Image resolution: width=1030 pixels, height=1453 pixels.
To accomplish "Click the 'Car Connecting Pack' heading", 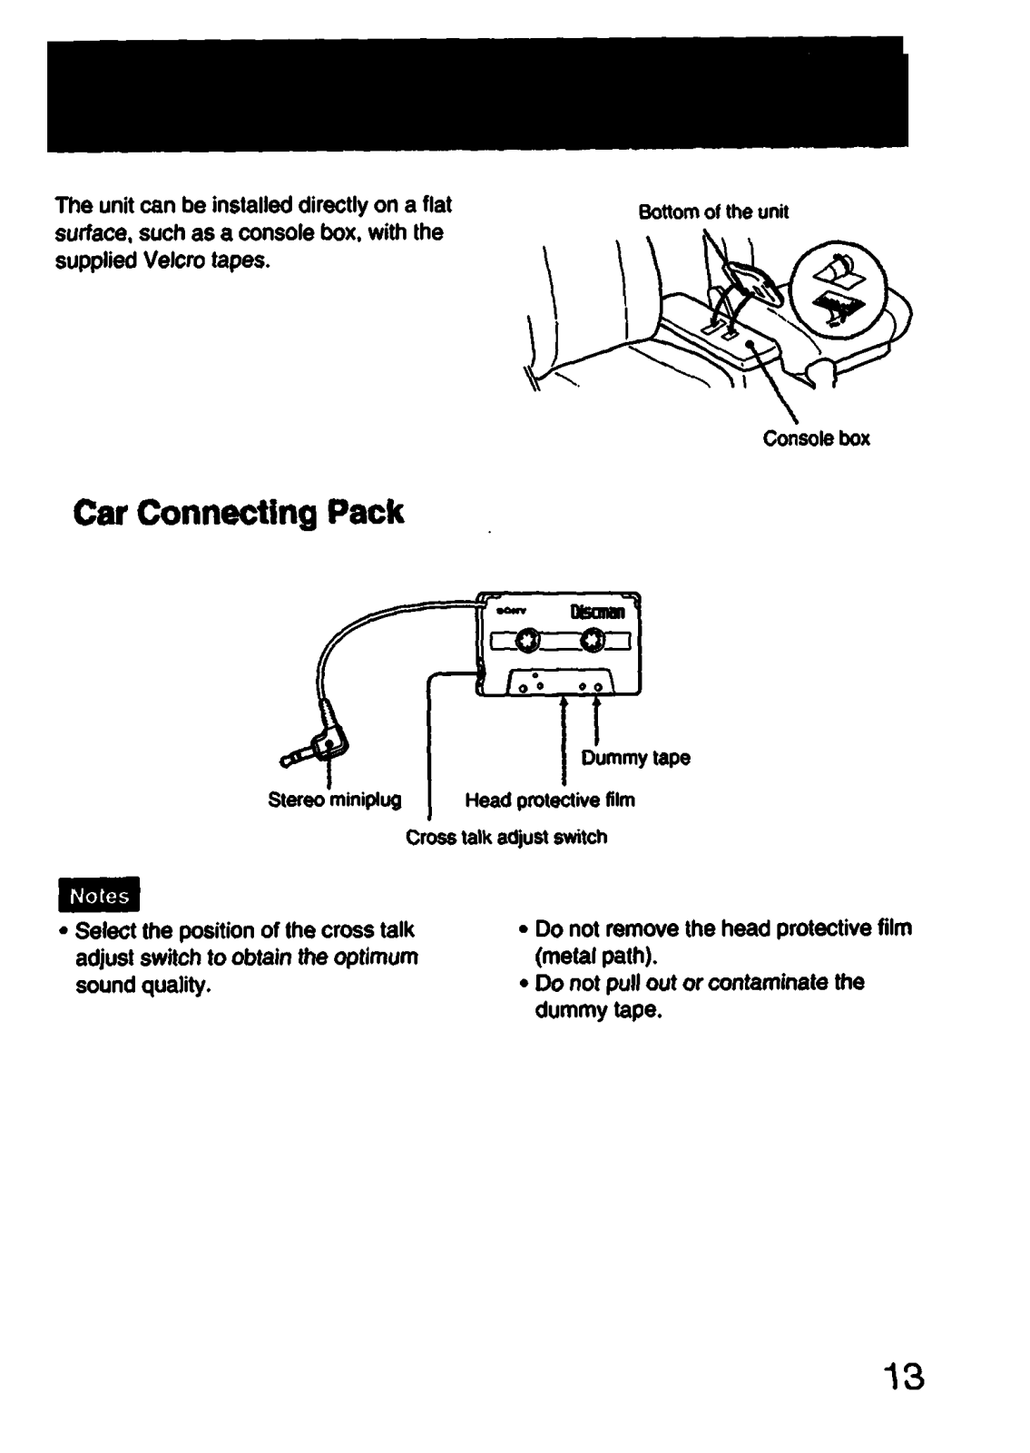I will pos(238,513).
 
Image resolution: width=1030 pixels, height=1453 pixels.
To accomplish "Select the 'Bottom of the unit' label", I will pos(713,212).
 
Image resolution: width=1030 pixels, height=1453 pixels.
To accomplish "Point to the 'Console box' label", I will pos(816,439).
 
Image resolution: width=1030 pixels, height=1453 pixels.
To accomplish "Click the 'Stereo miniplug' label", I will pos(335,800).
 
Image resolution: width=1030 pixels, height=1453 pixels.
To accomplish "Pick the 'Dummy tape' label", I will pos(648,758).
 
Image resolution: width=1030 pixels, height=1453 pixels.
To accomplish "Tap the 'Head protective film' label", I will pos(550,800).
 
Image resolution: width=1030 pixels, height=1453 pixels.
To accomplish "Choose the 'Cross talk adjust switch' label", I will pos(505,837).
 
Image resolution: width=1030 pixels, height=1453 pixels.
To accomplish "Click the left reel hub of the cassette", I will pos(525,643).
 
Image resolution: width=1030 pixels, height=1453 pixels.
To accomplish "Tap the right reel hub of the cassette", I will pos(593,643).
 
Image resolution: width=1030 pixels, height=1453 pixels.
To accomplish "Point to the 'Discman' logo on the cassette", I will pos(596,613).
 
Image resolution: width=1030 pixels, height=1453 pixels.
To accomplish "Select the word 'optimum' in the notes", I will pos(375,957).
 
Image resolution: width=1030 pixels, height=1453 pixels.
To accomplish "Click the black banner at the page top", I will pos(477,93).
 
